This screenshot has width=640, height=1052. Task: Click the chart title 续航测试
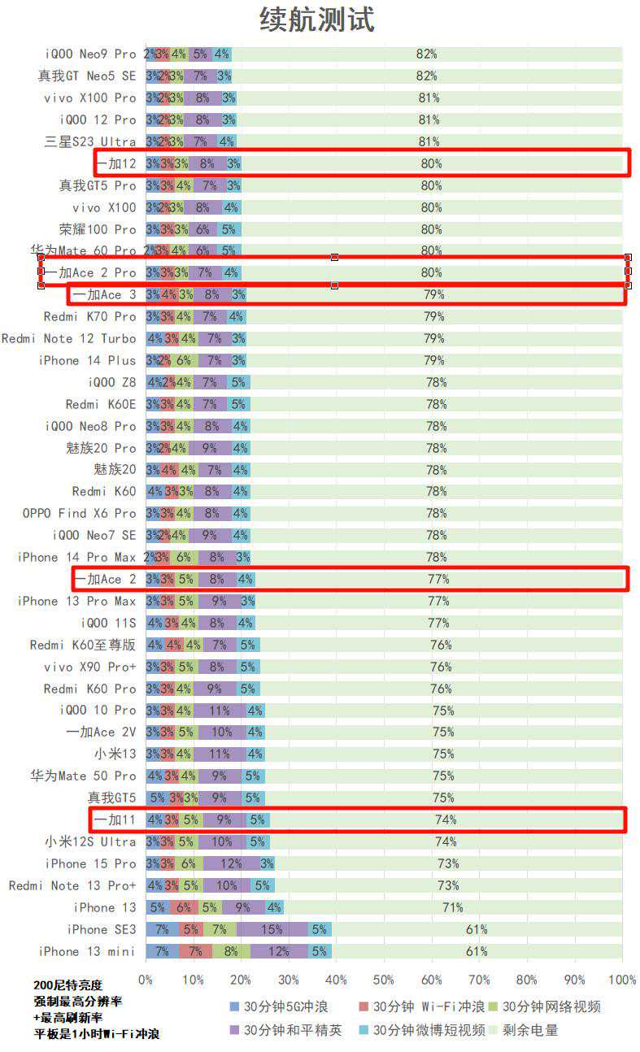pos(316,20)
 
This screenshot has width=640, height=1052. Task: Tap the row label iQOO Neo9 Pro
pos(90,54)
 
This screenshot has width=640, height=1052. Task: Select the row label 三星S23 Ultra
pos(90,141)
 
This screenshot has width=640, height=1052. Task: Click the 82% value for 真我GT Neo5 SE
pos(426,76)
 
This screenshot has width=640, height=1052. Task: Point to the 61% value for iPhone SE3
pos(477,929)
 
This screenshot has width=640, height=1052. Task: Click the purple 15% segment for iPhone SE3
pos(272,929)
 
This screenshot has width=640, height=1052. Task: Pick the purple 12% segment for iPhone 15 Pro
pos(231,863)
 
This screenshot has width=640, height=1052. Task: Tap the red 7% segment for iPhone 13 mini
pos(195,951)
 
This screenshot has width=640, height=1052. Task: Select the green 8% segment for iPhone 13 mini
pos(231,951)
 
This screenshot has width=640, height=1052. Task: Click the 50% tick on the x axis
pos(384,980)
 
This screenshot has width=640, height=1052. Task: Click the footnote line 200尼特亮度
pos(68,985)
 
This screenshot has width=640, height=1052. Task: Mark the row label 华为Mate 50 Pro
pos(83,776)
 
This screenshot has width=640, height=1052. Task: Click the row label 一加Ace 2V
pos(102,732)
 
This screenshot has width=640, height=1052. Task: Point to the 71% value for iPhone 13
pos(452,907)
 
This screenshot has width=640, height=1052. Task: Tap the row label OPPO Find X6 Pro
pos(80,513)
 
